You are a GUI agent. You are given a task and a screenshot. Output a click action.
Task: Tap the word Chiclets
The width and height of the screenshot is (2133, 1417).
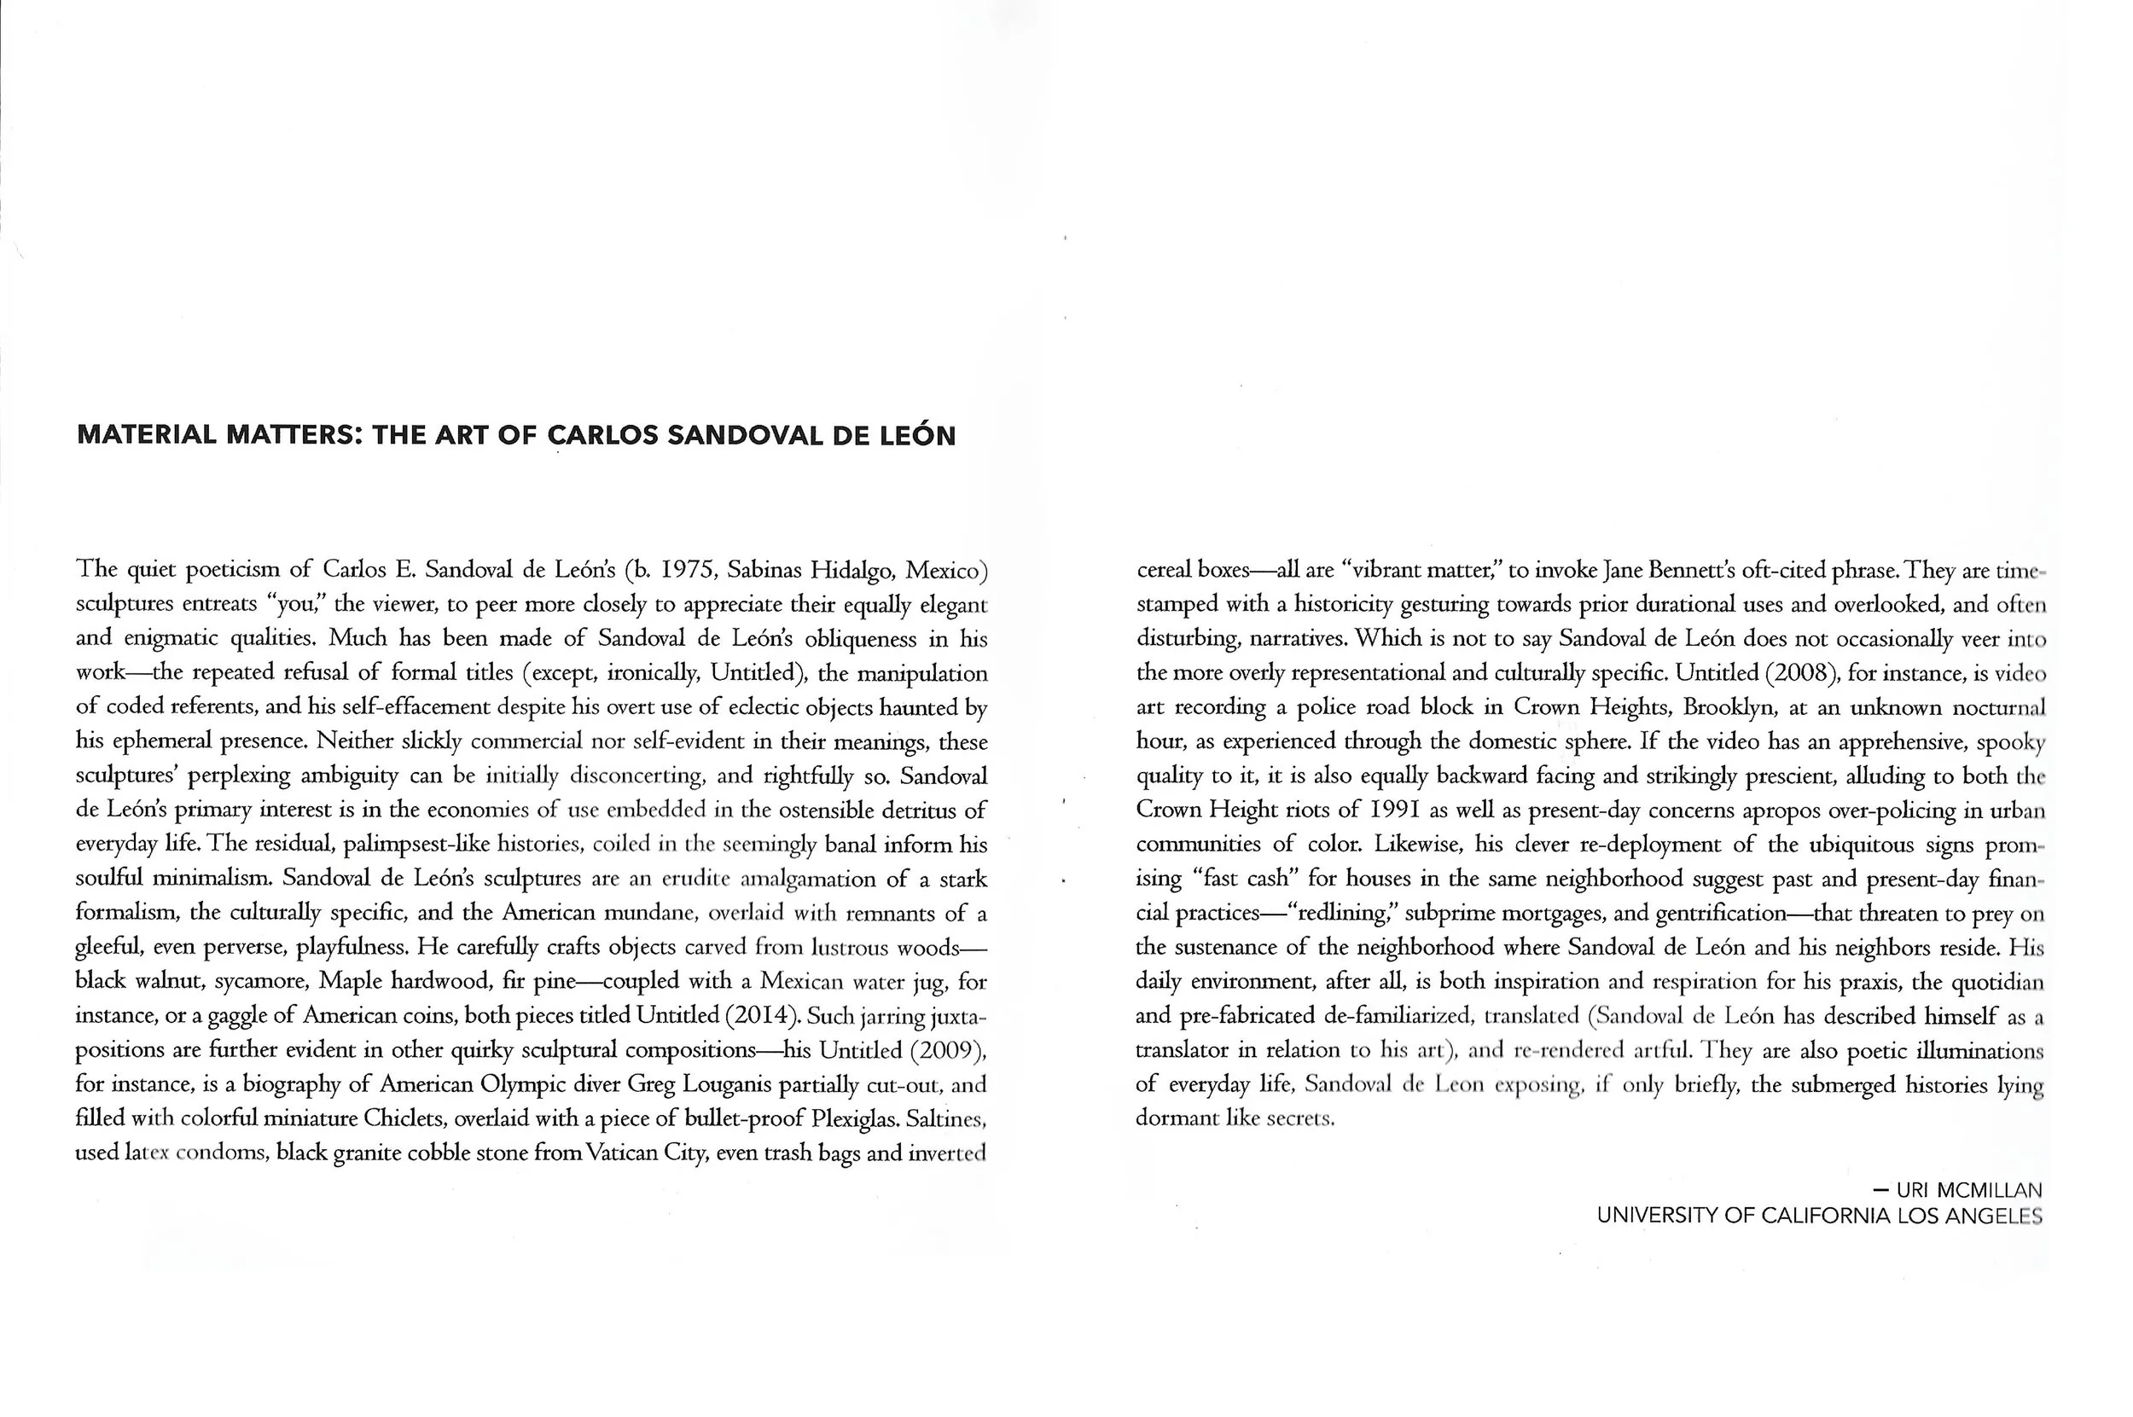404,1118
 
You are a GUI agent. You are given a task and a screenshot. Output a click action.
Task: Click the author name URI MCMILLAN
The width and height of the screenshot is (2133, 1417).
1969,1190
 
